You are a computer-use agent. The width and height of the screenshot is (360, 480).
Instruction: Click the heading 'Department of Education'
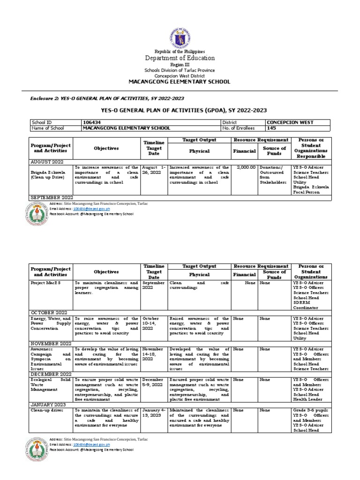tap(180, 58)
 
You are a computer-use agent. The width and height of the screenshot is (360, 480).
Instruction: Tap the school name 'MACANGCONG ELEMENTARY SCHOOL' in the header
tap(180, 82)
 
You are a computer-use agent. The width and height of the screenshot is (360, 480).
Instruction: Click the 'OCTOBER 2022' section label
tap(50, 312)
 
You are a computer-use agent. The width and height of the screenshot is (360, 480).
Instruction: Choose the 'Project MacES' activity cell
tap(45, 284)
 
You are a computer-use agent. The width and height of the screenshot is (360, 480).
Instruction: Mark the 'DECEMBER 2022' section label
tap(51, 374)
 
